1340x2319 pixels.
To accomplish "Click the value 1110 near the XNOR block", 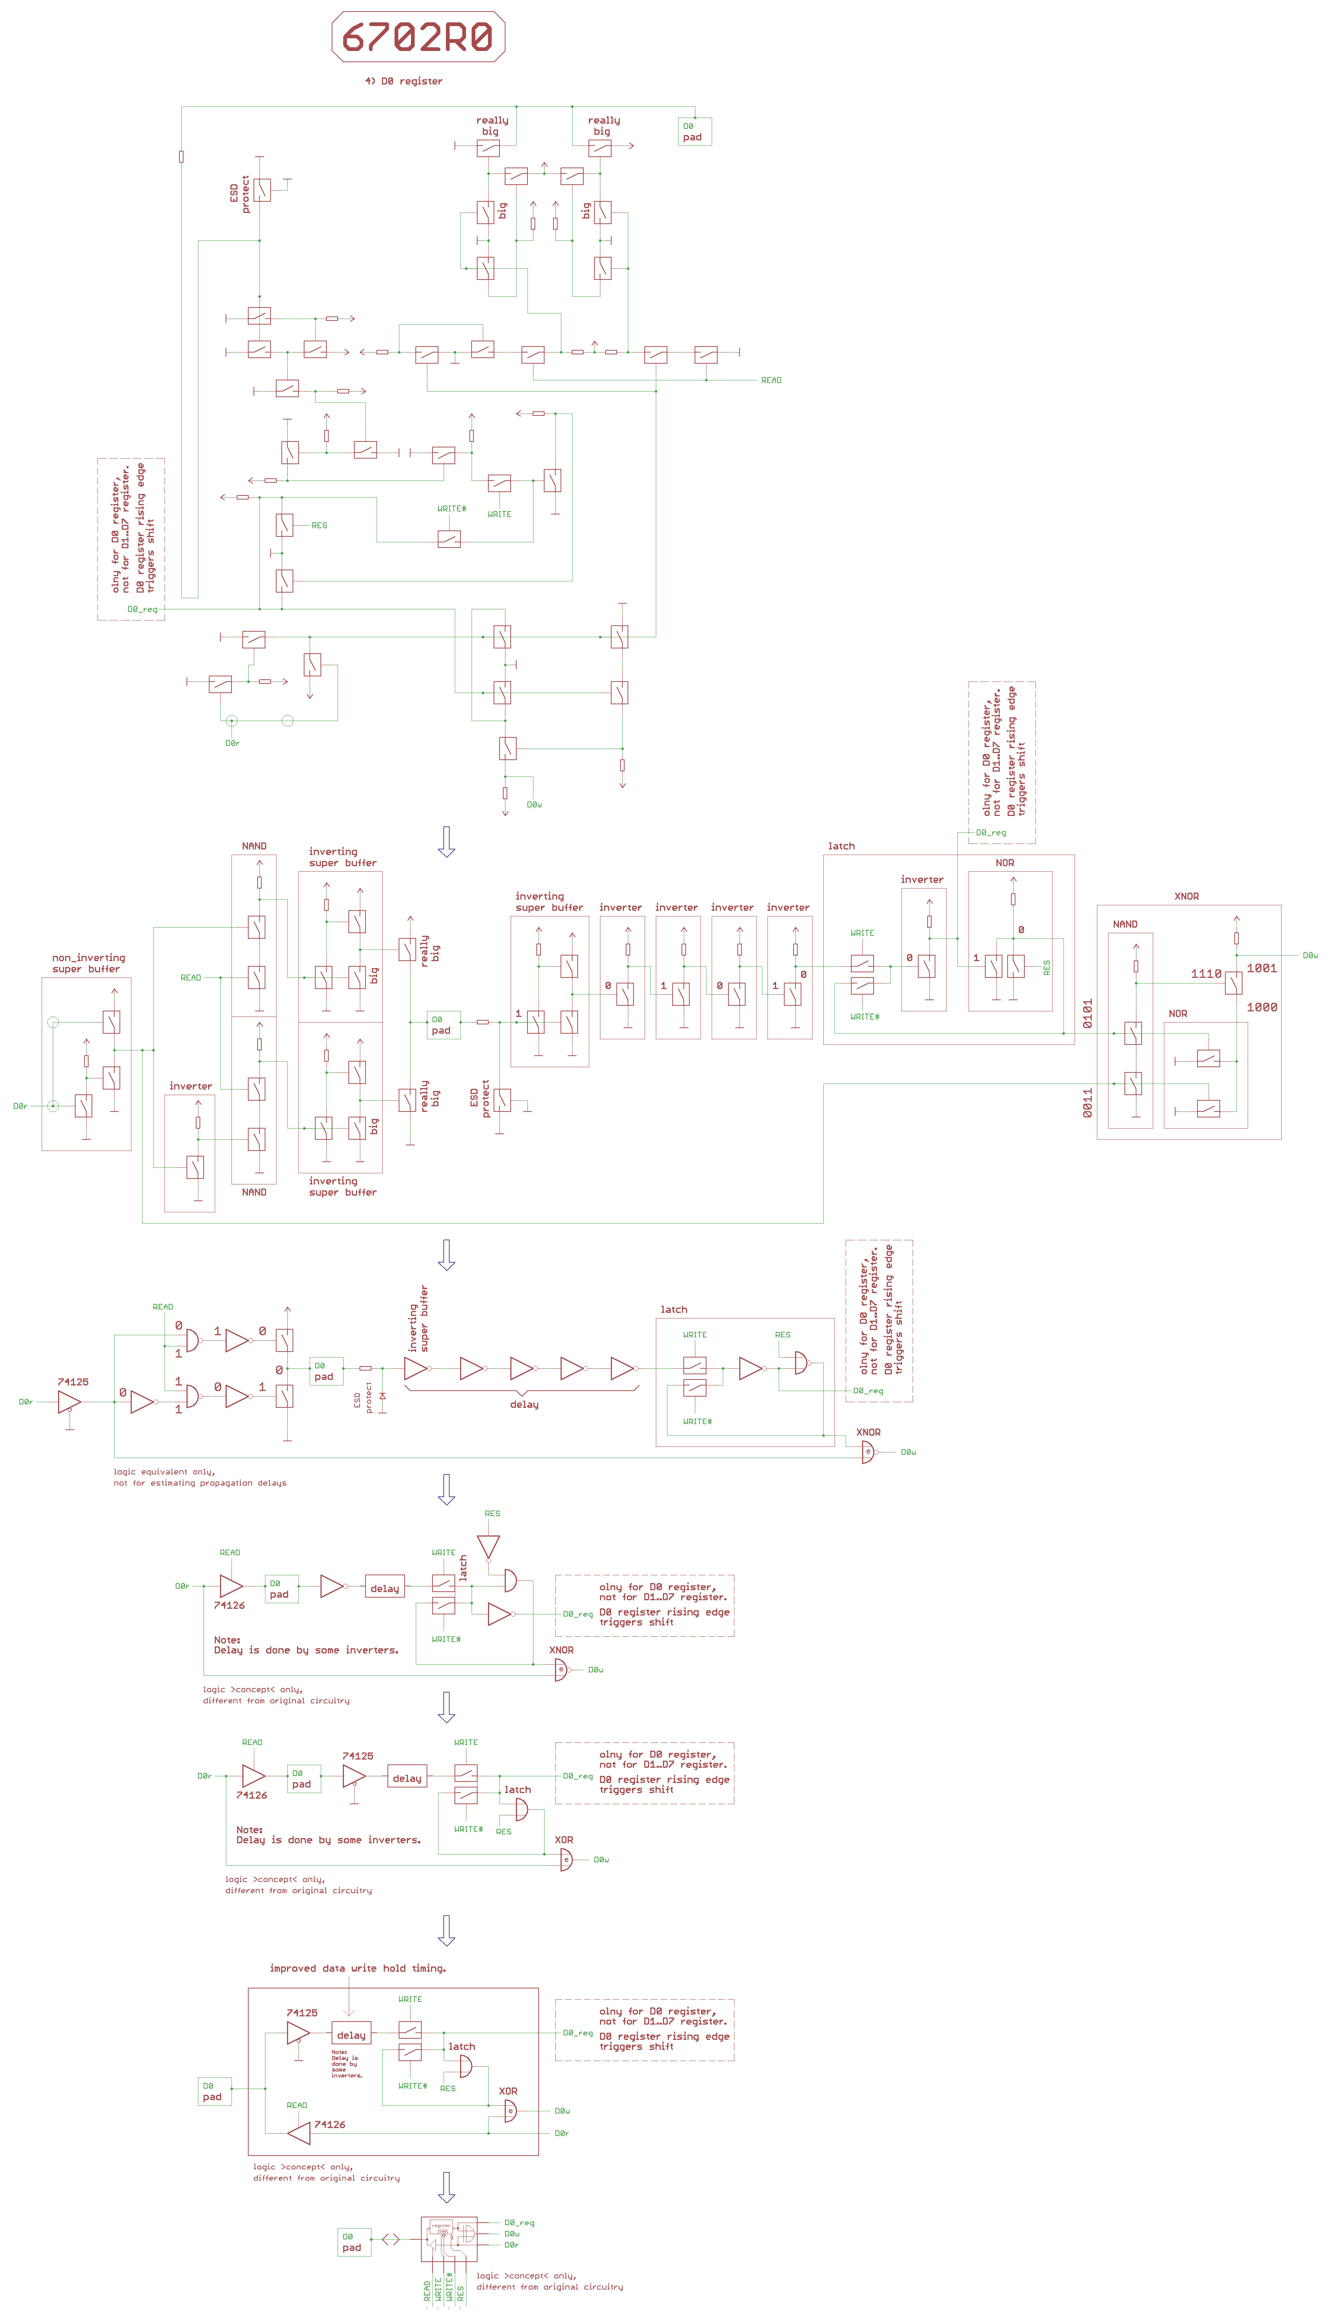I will click(x=1206, y=974).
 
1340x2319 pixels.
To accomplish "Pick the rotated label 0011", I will click(x=1088, y=1103).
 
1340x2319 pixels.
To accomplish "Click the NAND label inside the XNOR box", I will click(x=1124, y=924).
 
